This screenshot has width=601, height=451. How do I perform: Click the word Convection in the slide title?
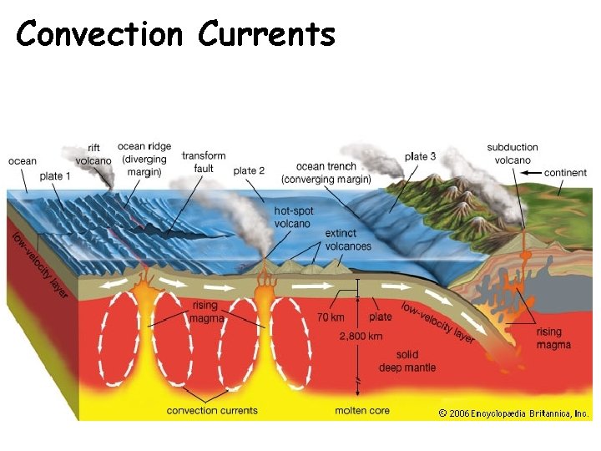(98, 34)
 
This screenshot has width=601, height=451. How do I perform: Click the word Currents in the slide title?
(266, 34)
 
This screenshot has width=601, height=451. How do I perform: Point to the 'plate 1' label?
(55, 176)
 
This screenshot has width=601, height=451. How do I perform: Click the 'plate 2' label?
(249, 170)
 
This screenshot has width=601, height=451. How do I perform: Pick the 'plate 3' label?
(420, 156)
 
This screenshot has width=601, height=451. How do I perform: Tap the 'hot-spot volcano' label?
(294, 217)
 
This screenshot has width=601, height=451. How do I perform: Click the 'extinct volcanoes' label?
(348, 240)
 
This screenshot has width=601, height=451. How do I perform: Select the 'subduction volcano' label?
(513, 154)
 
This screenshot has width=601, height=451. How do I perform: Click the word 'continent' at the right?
(565, 173)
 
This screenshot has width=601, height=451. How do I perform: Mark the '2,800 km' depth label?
(361, 336)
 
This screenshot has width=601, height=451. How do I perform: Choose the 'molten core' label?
(363, 410)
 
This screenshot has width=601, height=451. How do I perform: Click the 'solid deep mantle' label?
(407, 362)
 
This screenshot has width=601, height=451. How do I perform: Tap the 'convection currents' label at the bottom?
(212, 410)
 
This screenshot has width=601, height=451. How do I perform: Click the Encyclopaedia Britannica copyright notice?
(513, 413)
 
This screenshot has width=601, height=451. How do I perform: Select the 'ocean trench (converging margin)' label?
(326, 173)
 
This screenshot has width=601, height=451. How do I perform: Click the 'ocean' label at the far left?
(23, 161)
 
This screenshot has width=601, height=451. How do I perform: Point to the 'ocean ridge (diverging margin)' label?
(144, 160)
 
